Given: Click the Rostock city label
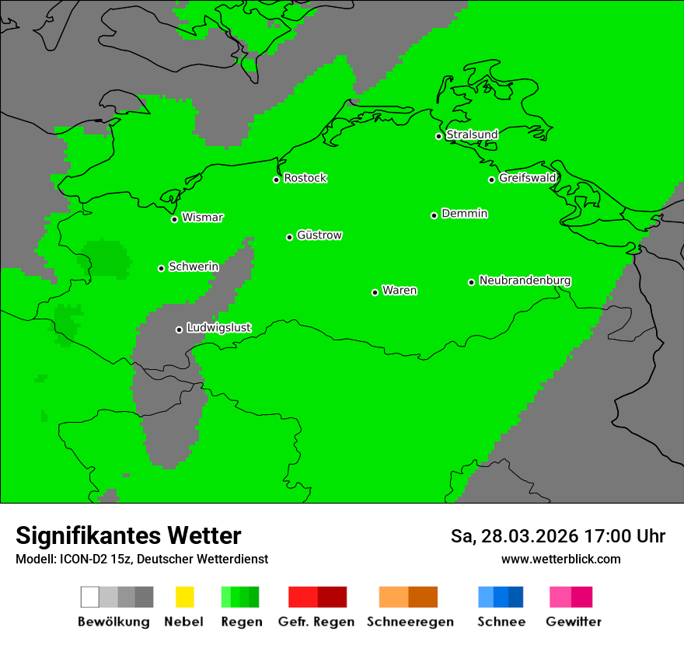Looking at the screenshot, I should tap(305, 178).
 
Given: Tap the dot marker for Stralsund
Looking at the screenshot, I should tap(438, 136).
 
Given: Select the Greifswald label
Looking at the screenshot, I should tap(527, 178).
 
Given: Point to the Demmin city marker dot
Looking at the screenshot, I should tap(434, 215).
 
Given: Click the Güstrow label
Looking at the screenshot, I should tap(319, 235).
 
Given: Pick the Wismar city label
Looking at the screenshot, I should tap(202, 218).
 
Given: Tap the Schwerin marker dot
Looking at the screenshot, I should tap(161, 268).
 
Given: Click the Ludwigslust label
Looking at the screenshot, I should tap(218, 328).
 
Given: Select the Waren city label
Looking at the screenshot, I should tap(400, 291).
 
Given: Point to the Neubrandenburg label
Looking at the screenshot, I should tap(525, 281).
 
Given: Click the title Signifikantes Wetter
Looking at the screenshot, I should tap(128, 536).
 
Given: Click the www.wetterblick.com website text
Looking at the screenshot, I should tap(560, 559).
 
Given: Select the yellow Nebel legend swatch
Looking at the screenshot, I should tap(184, 597).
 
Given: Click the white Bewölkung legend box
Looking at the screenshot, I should tap(90, 597).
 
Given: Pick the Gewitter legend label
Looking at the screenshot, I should tap(573, 622).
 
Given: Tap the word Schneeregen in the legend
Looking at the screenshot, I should tap(410, 622).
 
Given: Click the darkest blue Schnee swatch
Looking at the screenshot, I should tap(516, 597).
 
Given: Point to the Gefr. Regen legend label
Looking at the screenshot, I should tap(316, 622).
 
